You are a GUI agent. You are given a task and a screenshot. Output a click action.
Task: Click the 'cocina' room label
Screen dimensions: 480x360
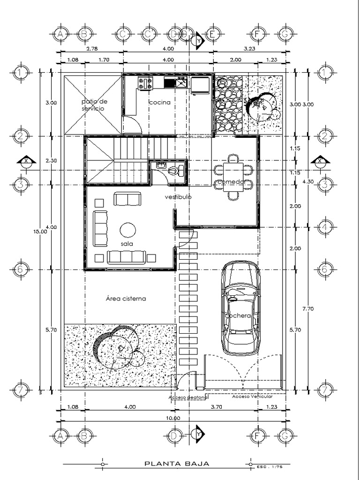pyautogui.click(x=159, y=102)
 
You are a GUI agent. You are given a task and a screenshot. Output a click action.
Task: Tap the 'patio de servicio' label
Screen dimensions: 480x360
pyautogui.click(x=94, y=105)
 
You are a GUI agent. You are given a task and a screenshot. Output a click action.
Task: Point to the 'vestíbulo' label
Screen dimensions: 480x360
pyautogui.click(x=178, y=197)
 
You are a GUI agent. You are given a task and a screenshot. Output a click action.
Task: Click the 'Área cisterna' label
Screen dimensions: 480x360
pyautogui.click(x=126, y=298)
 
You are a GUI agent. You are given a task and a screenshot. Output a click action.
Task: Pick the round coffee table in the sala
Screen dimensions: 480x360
pyautogui.click(x=127, y=230)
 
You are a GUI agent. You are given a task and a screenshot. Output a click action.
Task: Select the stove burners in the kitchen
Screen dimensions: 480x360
pyautogui.click(x=145, y=83)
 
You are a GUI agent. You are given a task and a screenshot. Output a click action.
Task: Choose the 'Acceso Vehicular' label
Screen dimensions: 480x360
pyautogui.click(x=252, y=397)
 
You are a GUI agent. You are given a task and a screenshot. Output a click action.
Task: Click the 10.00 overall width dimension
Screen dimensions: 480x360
pyautogui.click(x=172, y=418)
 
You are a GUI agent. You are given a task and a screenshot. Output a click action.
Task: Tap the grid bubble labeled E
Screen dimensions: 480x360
pyautogui.click(x=212, y=34)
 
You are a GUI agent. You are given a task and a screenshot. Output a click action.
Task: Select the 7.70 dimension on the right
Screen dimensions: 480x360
pyautogui.click(x=307, y=308)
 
